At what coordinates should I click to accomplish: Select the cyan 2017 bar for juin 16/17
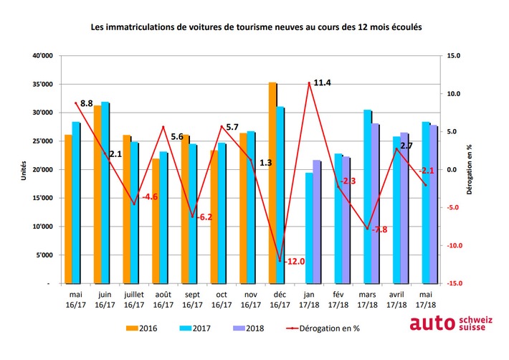[x=105, y=193]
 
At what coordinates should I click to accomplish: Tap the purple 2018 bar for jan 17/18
[x=317, y=222]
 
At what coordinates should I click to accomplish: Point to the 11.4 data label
[x=322, y=83]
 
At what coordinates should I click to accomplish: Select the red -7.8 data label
[x=379, y=229]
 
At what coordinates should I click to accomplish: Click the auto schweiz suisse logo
[x=448, y=324]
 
